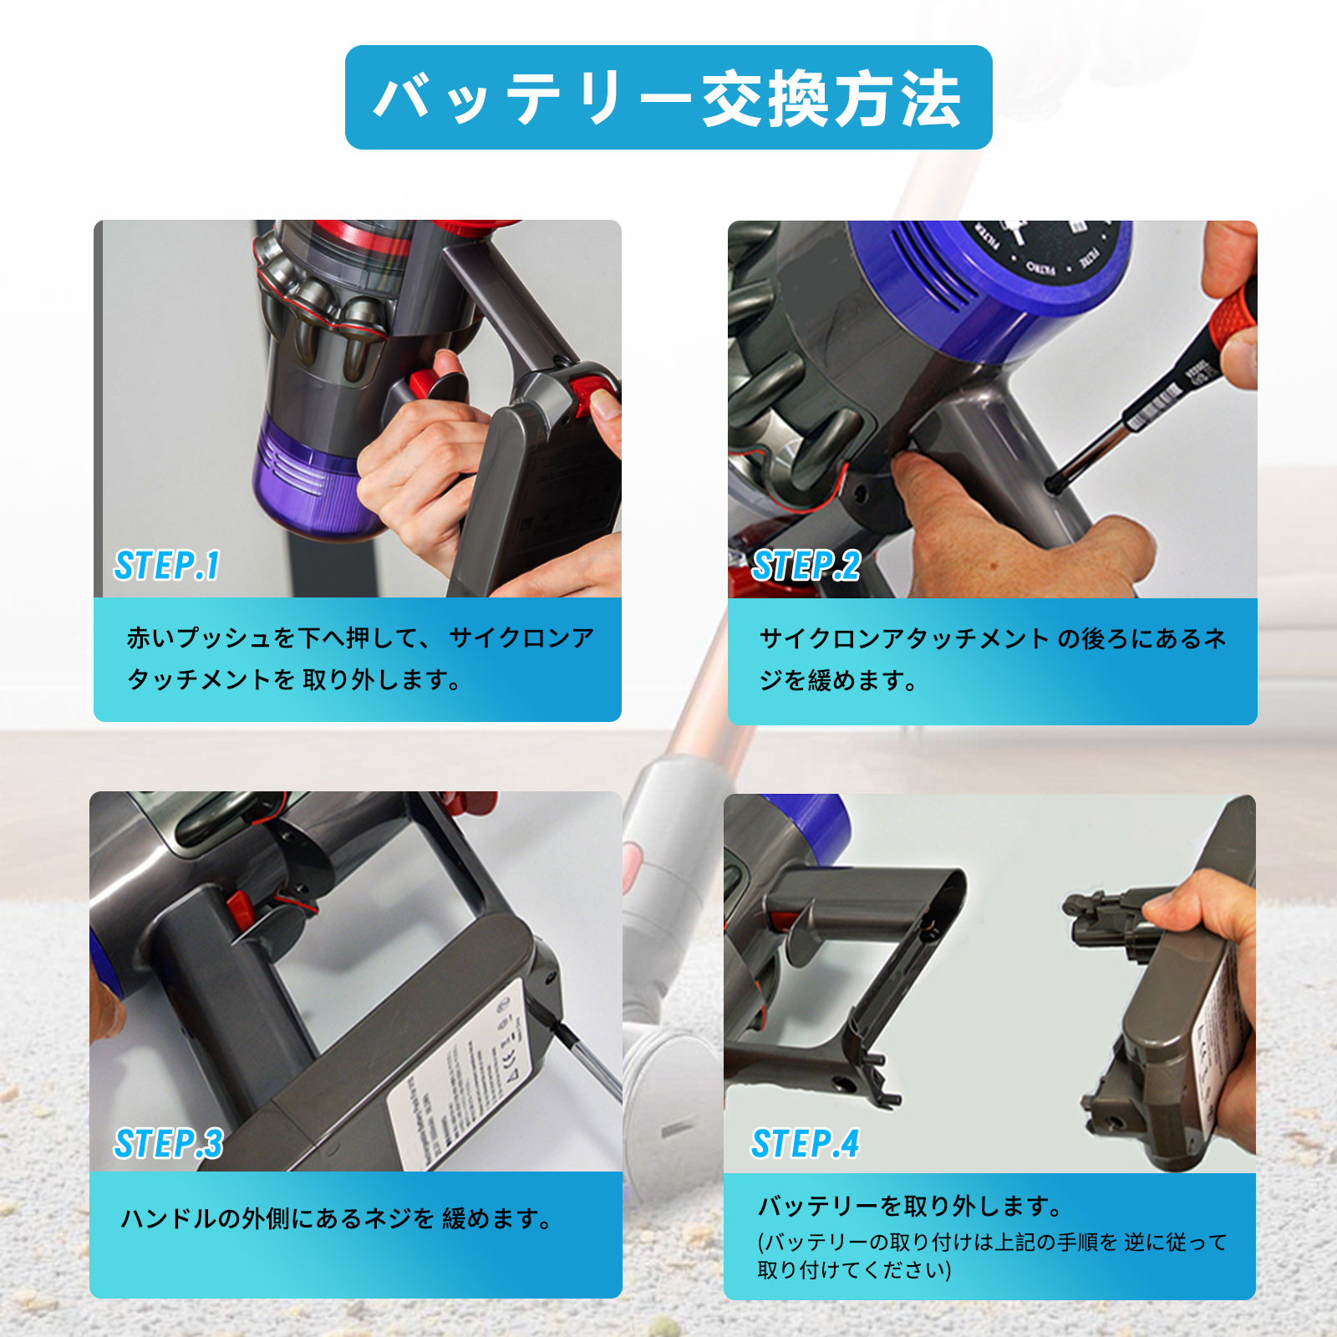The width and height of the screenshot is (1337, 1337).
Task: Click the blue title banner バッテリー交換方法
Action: click(x=668, y=98)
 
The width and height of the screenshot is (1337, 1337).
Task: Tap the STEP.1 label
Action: click(x=167, y=566)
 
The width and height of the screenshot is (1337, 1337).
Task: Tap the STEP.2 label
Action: click(x=806, y=566)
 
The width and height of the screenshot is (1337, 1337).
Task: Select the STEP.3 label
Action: click(x=169, y=1144)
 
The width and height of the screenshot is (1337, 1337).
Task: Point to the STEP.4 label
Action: click(x=805, y=1144)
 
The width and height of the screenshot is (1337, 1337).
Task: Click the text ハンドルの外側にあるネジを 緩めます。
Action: click(x=338, y=1219)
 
